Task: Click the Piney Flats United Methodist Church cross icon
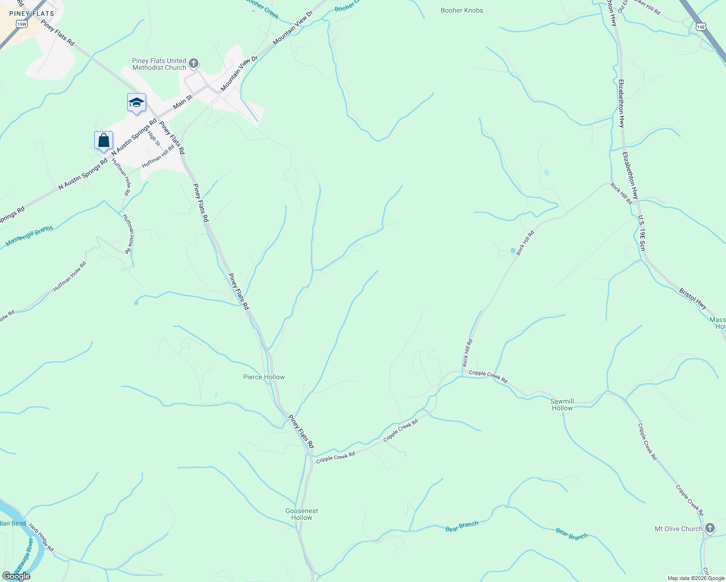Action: coord(194,63)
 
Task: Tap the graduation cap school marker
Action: coord(136,103)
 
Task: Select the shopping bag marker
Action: coord(103,141)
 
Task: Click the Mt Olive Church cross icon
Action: coord(710,528)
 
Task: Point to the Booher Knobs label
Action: coord(462,10)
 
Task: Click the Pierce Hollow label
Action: coord(264,377)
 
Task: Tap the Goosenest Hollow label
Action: coord(301,514)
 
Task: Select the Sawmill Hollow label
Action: coord(562,404)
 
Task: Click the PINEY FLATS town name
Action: coord(32,14)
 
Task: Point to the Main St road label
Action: coord(182,101)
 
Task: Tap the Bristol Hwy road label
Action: coord(693,299)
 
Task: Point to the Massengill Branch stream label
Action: coord(29,236)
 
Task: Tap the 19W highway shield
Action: coord(21,24)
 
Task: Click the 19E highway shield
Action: coord(700,27)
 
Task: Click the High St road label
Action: coord(154,138)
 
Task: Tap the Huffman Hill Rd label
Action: coord(158,156)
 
